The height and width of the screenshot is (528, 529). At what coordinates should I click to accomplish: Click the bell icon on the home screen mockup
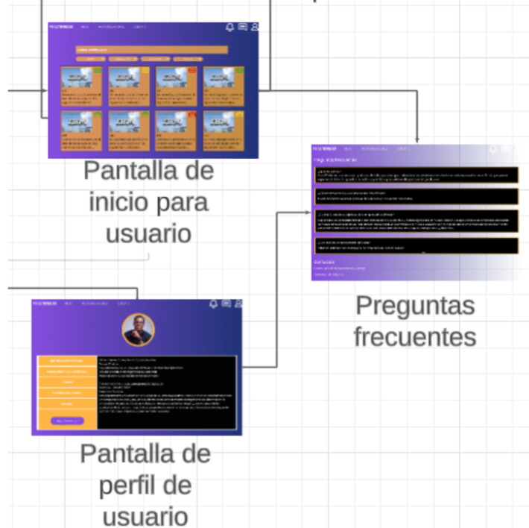click(x=230, y=27)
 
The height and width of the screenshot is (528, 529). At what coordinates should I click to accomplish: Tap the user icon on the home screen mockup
click(x=255, y=27)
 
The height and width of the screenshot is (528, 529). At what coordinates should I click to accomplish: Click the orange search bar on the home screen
click(x=151, y=49)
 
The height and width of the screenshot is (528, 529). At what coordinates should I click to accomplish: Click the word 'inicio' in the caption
click(x=148, y=202)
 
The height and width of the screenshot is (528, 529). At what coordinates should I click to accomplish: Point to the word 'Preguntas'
click(x=414, y=305)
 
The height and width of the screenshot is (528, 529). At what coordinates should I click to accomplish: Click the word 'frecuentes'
click(x=414, y=336)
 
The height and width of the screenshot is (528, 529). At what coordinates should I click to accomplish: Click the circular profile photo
click(x=138, y=330)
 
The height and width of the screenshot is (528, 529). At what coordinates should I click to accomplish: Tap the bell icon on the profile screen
click(x=214, y=304)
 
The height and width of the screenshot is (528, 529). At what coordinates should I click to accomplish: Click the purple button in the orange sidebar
click(x=67, y=421)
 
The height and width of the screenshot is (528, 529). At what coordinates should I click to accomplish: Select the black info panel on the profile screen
click(x=166, y=392)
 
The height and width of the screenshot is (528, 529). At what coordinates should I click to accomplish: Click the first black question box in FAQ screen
click(x=416, y=175)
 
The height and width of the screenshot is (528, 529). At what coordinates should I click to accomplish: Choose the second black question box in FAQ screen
click(x=416, y=196)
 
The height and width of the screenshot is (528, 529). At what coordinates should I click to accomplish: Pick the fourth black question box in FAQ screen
click(x=416, y=246)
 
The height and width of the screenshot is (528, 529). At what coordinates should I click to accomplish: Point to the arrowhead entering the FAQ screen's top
click(x=417, y=140)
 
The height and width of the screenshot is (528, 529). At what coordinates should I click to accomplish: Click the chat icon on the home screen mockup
click(x=243, y=27)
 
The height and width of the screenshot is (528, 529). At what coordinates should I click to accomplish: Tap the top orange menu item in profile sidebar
click(x=67, y=360)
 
